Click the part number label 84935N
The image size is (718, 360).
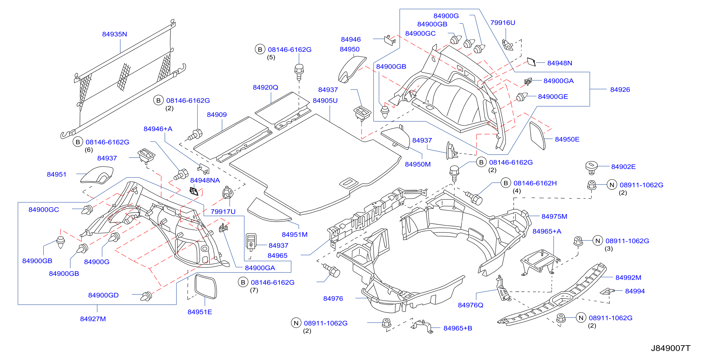tap(115, 34)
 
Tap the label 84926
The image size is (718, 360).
tap(620, 90)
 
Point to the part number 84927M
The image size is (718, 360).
tap(93, 319)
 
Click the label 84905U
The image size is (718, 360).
tap(325, 101)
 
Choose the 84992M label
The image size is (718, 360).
tap(628, 278)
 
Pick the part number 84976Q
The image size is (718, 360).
tap(471, 305)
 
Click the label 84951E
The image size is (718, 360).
tap(199, 312)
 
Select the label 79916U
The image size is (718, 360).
tap(503, 23)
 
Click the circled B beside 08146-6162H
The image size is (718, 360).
tap(506, 183)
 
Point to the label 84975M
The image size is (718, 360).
tap(554, 217)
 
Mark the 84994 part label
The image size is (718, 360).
tap(635, 291)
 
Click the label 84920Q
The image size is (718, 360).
tap(265, 88)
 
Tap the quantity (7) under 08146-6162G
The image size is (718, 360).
tap(254, 290)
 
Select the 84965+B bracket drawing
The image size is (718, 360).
tap(422, 327)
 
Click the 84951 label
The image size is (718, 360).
tap(56, 175)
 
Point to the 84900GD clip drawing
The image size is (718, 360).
tap(146, 296)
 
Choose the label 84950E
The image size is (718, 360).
tap(567, 139)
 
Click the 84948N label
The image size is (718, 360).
tap(559, 63)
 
